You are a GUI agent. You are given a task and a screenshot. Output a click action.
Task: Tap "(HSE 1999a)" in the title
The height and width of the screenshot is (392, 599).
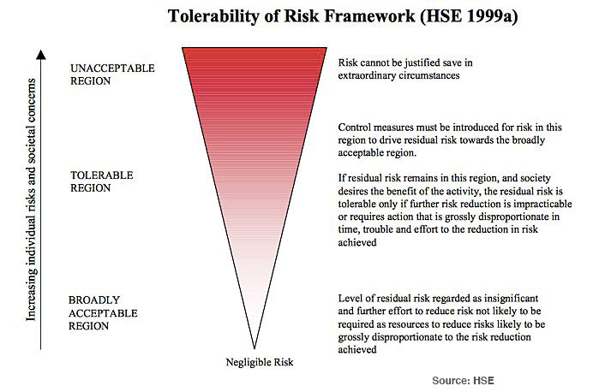point(469,16)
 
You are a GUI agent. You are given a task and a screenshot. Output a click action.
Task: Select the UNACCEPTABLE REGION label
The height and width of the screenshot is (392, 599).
point(112,74)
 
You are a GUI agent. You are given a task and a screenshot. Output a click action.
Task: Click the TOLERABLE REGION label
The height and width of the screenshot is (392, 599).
point(102,181)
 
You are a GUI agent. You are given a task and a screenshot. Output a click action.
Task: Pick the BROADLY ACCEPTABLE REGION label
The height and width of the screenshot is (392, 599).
point(103,313)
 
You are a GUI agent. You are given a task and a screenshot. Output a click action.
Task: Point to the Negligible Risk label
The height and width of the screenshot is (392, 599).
point(260,362)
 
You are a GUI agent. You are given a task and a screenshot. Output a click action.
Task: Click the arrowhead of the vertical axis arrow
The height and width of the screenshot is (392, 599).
point(41,54)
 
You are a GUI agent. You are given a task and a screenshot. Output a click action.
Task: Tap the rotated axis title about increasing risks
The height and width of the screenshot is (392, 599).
point(31,199)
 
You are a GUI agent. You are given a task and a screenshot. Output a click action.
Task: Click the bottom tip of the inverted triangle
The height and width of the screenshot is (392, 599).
point(255,348)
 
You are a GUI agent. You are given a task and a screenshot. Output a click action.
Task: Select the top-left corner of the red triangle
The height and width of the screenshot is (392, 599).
point(183,48)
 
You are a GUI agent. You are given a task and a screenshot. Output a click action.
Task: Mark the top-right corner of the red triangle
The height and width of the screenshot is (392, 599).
point(326,48)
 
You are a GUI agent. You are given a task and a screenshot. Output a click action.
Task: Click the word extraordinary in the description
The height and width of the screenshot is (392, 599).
point(367,75)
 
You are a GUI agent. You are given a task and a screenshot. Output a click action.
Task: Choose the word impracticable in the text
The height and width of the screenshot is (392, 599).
point(542,205)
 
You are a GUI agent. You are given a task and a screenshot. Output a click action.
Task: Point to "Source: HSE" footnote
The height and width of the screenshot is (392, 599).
point(463,381)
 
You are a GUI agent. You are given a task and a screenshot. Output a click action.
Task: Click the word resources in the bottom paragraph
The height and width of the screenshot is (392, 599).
point(409,324)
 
